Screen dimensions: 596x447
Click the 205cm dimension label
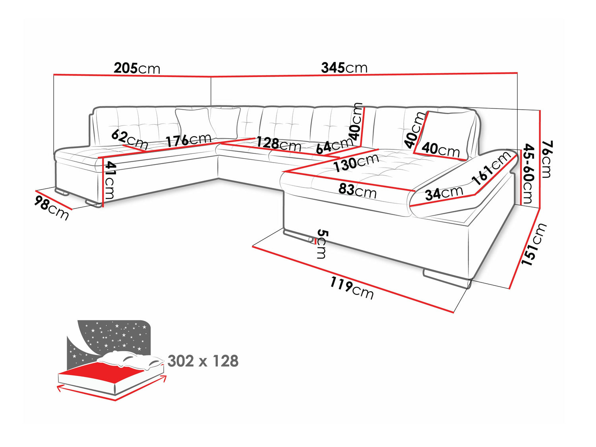137,68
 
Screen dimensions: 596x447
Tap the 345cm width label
344,68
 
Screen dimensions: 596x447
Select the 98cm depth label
52,207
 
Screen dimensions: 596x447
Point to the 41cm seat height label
109,180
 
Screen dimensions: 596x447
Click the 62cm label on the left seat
130,139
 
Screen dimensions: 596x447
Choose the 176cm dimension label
188,140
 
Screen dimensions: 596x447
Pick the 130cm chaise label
356,163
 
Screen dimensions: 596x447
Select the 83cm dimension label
357,190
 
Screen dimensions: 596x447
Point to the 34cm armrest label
444,193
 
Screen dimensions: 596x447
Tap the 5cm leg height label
322,244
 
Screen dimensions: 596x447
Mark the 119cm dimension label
352,288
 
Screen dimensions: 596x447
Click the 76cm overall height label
546,159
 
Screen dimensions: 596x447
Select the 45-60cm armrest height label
528,174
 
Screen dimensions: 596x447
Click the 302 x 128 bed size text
203,361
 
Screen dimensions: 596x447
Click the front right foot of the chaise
447,279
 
